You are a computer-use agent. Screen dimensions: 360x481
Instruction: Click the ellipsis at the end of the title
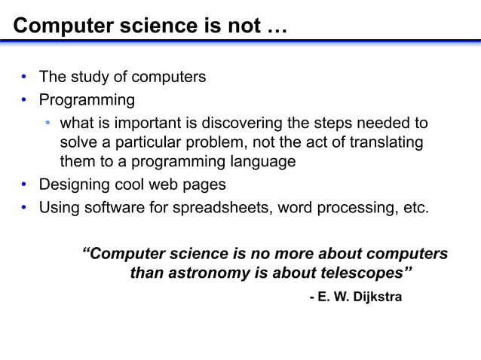pos(276,26)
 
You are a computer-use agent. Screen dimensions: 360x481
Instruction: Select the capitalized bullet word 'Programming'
pos(87,99)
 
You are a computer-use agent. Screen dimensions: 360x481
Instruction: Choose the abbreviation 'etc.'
pos(415,206)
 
